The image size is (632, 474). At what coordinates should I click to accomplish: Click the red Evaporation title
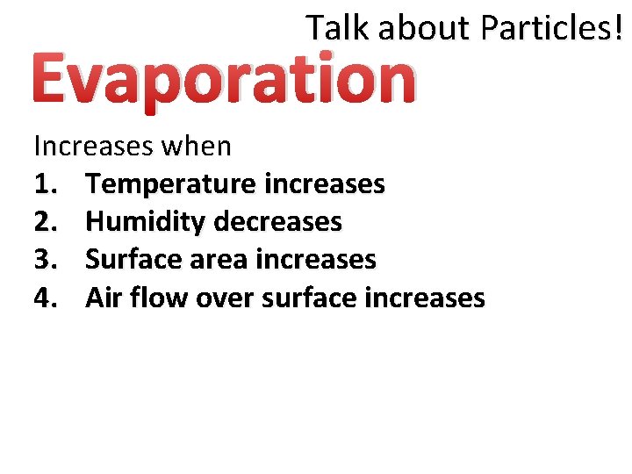point(224,79)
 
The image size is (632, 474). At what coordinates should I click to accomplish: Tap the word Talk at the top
point(338,29)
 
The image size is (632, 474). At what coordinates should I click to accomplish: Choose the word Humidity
point(146,222)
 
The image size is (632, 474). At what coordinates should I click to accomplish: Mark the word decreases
point(277,222)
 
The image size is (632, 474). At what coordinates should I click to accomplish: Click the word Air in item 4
point(104,298)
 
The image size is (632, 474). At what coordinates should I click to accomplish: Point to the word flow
point(159,298)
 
